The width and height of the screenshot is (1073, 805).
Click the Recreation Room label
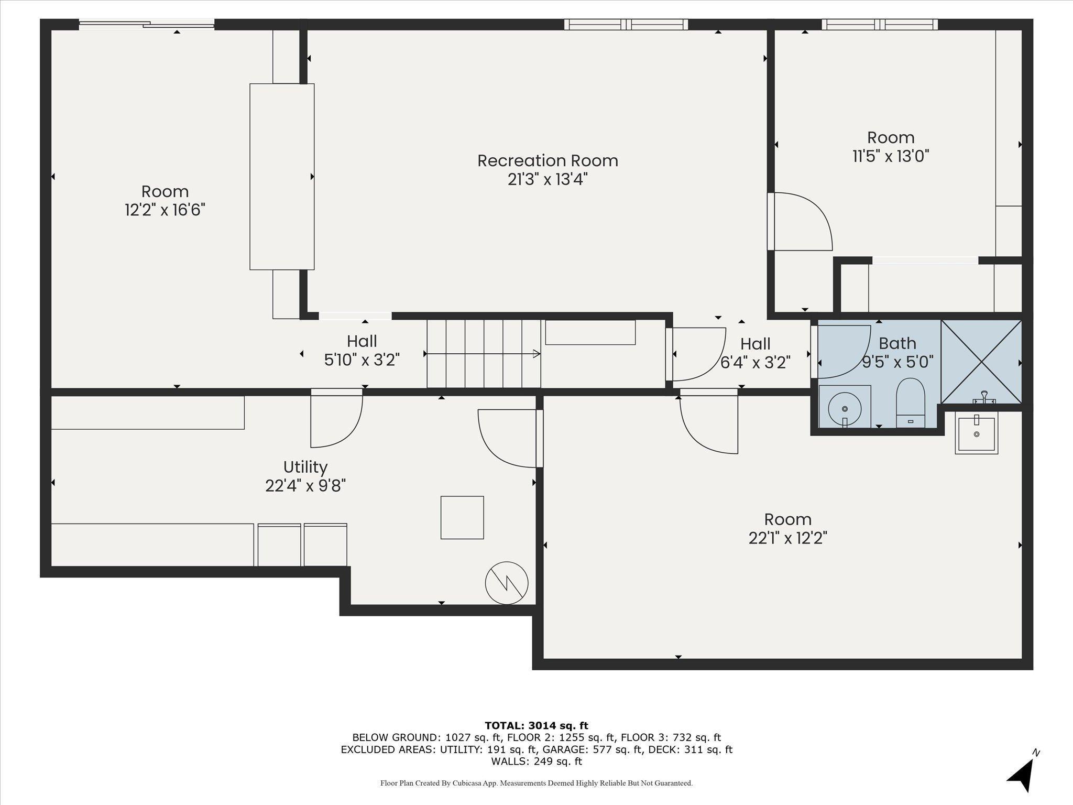point(548,160)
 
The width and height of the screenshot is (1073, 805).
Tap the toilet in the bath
point(911,402)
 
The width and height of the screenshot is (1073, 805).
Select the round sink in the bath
point(845,408)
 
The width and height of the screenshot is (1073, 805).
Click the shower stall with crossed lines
point(981,361)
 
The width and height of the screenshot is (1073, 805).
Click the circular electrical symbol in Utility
point(507,583)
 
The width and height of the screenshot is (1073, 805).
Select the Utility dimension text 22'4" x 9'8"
point(305,486)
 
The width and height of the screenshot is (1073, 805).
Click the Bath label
point(897,343)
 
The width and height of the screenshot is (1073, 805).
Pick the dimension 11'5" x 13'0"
point(891,156)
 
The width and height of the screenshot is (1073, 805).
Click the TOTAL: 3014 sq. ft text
point(536,725)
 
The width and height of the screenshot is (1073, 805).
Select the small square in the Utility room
point(462,517)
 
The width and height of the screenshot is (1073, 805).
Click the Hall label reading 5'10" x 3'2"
point(362,351)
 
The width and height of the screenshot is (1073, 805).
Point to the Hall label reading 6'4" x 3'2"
point(756,353)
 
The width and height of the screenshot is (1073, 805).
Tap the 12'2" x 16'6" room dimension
point(165,210)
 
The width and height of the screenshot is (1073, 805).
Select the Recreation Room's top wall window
point(626,24)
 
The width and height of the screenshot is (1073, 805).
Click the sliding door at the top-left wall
point(147,24)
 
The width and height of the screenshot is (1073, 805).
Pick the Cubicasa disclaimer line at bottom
point(536,783)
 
